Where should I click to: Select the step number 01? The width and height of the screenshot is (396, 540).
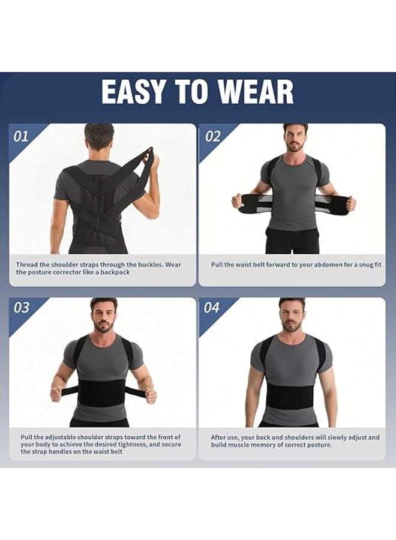click(x=20, y=136)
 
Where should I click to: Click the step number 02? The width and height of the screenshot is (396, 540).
click(x=212, y=136)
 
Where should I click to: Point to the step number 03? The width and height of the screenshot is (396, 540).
click(x=21, y=307)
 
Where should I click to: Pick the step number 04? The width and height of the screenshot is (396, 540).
click(x=211, y=307)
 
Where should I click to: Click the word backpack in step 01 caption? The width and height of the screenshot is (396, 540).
click(x=115, y=272)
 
